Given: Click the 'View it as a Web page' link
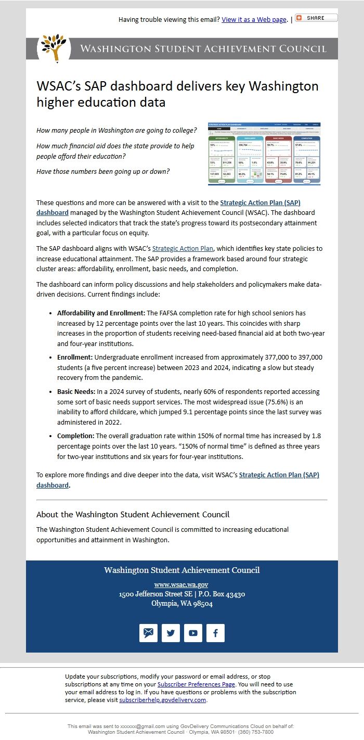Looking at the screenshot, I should point(254,20).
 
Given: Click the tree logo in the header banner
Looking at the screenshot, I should point(54,48).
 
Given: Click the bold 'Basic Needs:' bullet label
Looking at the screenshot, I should point(76,391).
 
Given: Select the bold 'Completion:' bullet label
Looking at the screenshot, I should point(75,436).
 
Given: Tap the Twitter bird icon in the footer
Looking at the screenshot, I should point(171,633).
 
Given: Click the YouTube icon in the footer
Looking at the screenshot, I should point(193,633).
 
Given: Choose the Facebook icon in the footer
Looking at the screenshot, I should point(215,633).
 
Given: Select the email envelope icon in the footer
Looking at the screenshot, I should point(148,633).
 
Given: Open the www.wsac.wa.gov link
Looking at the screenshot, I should point(181,584).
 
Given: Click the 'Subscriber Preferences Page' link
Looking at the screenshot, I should point(196,684).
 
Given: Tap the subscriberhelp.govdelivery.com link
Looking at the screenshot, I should point(163,700).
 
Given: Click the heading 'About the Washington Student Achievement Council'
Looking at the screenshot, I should point(133,514).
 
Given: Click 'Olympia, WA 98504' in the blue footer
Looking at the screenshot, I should point(181,604).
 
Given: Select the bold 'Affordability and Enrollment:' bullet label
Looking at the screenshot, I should point(101,313).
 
